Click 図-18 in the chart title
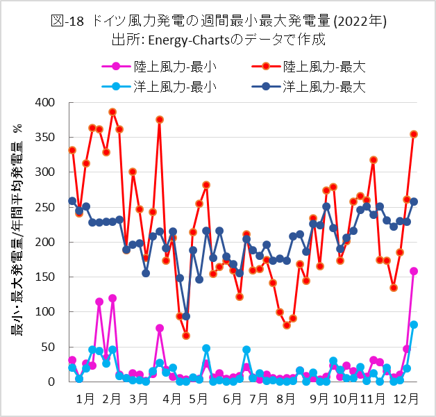coord(67,21)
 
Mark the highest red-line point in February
coord(112,112)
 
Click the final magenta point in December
coord(414,271)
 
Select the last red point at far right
coord(414,134)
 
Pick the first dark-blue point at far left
coord(72,201)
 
